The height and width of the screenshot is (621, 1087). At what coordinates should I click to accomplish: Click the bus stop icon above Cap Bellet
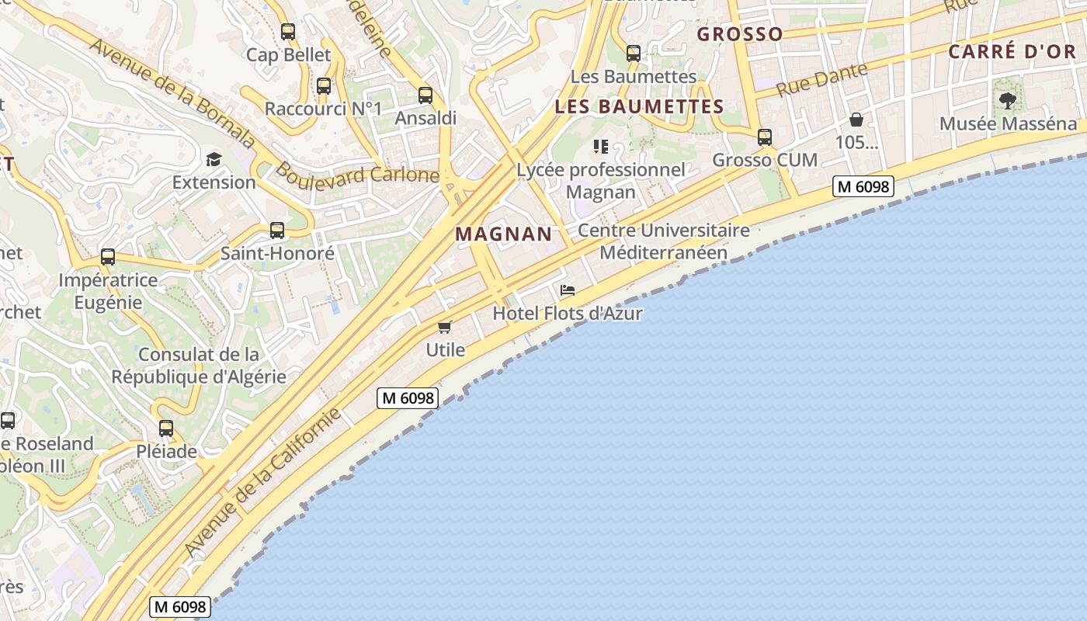pyautogui.click(x=288, y=32)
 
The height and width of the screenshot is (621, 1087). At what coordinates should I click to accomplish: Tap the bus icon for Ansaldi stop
pyautogui.click(x=425, y=95)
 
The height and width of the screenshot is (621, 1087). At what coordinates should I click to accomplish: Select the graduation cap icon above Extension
pyautogui.click(x=214, y=159)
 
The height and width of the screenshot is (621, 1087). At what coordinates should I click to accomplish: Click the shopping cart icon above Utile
pyautogui.click(x=445, y=327)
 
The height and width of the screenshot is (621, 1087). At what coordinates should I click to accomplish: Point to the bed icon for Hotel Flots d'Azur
pyautogui.click(x=568, y=290)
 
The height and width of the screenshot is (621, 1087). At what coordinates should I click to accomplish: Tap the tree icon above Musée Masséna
pyautogui.click(x=1008, y=100)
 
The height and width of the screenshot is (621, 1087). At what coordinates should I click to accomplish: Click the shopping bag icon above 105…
pyautogui.click(x=856, y=120)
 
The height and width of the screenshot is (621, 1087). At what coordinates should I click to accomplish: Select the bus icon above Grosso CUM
pyautogui.click(x=765, y=137)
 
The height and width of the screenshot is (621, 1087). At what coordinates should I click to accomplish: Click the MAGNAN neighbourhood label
pyautogui.click(x=504, y=234)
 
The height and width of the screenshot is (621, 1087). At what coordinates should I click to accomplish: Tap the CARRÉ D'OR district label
pyautogui.click(x=1012, y=52)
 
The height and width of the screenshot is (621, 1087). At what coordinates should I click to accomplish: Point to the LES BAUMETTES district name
pyautogui.click(x=639, y=106)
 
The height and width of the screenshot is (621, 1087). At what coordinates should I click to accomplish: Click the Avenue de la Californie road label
pyautogui.click(x=263, y=481)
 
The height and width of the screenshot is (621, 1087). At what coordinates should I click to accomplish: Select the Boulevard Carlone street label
pyautogui.click(x=358, y=173)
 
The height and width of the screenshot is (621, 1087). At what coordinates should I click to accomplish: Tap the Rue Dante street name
pyautogui.click(x=821, y=80)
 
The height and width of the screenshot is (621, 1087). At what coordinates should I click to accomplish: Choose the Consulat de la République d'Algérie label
pyautogui.click(x=199, y=366)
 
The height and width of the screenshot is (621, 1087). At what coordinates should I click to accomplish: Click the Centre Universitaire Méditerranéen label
pyautogui.click(x=664, y=241)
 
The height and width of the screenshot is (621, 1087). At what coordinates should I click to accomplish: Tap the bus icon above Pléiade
pyautogui.click(x=166, y=428)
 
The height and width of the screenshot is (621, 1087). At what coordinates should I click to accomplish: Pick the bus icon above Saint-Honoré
pyautogui.click(x=277, y=231)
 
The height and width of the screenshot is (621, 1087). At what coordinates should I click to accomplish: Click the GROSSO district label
pyautogui.click(x=740, y=34)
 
